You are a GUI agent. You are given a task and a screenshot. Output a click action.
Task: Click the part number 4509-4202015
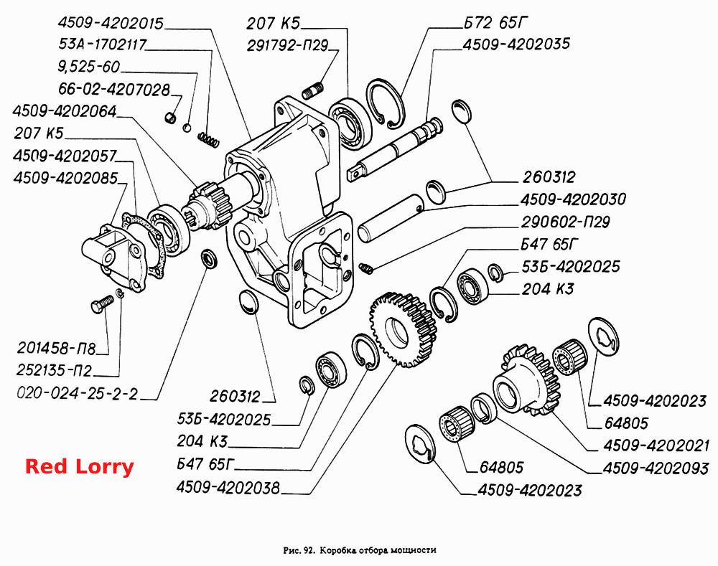(x=111, y=23)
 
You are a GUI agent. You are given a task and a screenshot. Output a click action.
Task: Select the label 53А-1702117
(x=103, y=44)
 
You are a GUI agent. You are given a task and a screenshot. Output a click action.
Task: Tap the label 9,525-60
(x=89, y=67)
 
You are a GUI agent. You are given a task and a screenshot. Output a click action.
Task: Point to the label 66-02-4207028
(x=114, y=89)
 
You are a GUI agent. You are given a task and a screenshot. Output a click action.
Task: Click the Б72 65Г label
(x=496, y=22)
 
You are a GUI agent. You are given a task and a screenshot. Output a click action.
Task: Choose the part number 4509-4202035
(x=516, y=44)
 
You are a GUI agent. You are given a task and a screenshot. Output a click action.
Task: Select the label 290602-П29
(x=566, y=222)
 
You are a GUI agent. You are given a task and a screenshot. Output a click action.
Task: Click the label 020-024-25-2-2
(x=77, y=394)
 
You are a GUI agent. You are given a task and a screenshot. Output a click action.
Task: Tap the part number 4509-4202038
(x=228, y=488)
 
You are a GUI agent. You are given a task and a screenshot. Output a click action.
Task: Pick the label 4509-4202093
(x=656, y=468)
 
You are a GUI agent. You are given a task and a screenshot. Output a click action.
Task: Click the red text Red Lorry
(x=79, y=467)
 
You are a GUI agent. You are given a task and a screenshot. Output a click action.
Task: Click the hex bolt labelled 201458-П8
(x=102, y=304)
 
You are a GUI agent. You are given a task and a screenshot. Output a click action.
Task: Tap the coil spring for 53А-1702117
(x=208, y=140)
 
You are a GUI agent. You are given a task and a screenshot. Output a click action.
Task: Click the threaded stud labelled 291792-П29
(x=313, y=90)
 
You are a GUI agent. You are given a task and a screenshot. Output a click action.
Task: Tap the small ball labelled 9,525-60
(x=187, y=128)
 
